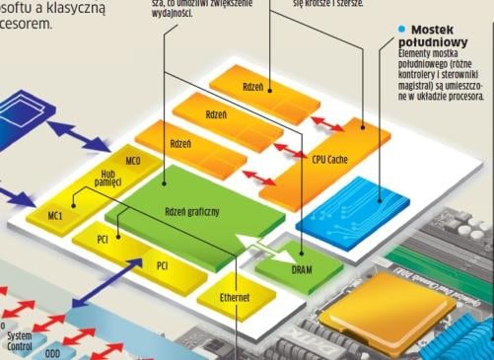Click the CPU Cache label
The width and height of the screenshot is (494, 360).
[328, 158]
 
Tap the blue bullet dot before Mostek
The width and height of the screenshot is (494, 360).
[401, 30]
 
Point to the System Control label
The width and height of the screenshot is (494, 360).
[19, 342]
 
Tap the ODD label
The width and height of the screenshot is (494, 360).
[52, 353]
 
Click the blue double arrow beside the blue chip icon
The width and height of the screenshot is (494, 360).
[71, 129]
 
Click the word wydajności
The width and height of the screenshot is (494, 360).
[181, 14]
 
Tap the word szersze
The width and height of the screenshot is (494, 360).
[345, 4]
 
